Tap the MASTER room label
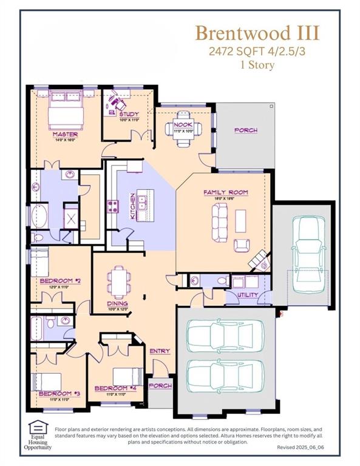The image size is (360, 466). click(64, 134)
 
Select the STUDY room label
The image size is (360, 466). click(129, 114)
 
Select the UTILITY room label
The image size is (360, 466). click(248, 295)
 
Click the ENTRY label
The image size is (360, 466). click(160, 351)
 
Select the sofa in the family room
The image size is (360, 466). click(219, 221)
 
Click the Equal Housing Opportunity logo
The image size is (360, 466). click(39, 434)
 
